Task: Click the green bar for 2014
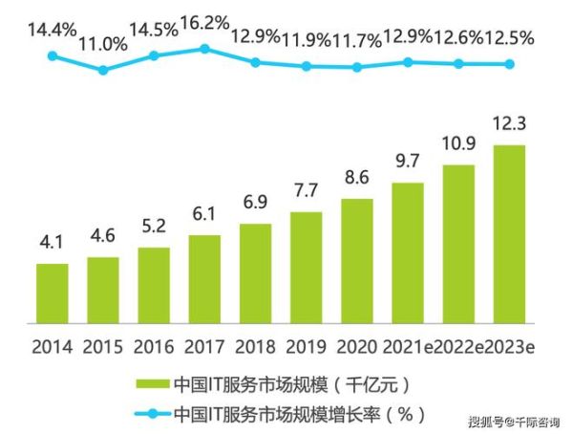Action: tap(53, 293)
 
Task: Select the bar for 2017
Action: tap(204, 278)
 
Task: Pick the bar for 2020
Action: tap(356, 260)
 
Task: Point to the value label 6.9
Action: tap(255, 206)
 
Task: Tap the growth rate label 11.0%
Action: tap(102, 42)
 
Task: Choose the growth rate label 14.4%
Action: tap(51, 30)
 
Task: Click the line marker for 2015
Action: tap(103, 70)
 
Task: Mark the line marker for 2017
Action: tap(204, 48)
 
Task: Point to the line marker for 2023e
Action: tap(509, 64)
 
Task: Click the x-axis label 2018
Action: tap(255, 345)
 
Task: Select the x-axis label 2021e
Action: tap(406, 345)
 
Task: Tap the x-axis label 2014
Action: tap(53, 345)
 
